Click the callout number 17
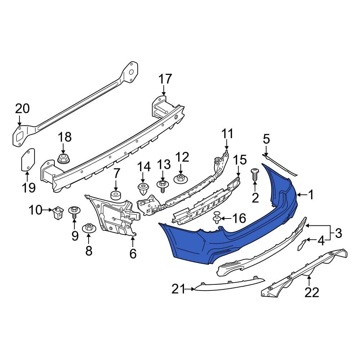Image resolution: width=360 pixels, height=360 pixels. pyautogui.click(x=166, y=79)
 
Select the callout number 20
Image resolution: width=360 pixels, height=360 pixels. pyautogui.click(x=22, y=109)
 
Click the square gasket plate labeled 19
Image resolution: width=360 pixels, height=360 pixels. pyautogui.click(x=27, y=159)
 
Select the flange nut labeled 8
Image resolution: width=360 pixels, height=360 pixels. pyautogui.click(x=89, y=229)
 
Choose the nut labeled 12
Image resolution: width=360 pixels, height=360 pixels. pyautogui.click(x=181, y=177)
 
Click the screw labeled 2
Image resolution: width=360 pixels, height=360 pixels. pyautogui.click(x=255, y=175)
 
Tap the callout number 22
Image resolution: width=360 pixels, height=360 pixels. pyautogui.click(x=312, y=292)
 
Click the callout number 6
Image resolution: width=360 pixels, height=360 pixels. pyautogui.click(x=133, y=254)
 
